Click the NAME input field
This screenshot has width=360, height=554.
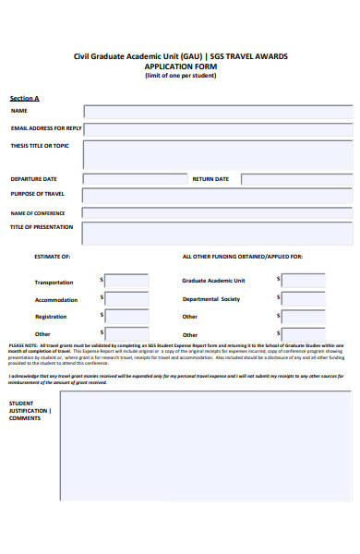pos(218,112)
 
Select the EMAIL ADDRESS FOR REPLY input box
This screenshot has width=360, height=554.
pos(218,128)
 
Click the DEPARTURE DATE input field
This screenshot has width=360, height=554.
pos(135,179)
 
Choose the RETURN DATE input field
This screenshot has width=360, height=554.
pos(296,179)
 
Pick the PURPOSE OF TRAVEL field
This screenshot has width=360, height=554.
pos(218,196)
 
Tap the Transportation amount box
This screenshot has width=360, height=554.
pos(126,282)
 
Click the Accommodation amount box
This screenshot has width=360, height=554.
pos(126,299)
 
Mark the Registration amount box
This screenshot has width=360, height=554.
pos(126,317)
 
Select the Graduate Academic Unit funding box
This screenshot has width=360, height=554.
pos(304,282)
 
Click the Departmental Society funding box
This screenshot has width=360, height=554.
pos(304,299)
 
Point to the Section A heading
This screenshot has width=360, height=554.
pos(25,98)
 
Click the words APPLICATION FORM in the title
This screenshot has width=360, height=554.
pos(180,66)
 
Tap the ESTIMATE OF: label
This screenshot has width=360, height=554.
pos(53,256)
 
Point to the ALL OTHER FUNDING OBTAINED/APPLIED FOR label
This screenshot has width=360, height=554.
pos(242,256)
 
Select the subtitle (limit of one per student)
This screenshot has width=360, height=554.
pos(180,76)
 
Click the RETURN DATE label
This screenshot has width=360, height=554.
pos(210,179)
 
